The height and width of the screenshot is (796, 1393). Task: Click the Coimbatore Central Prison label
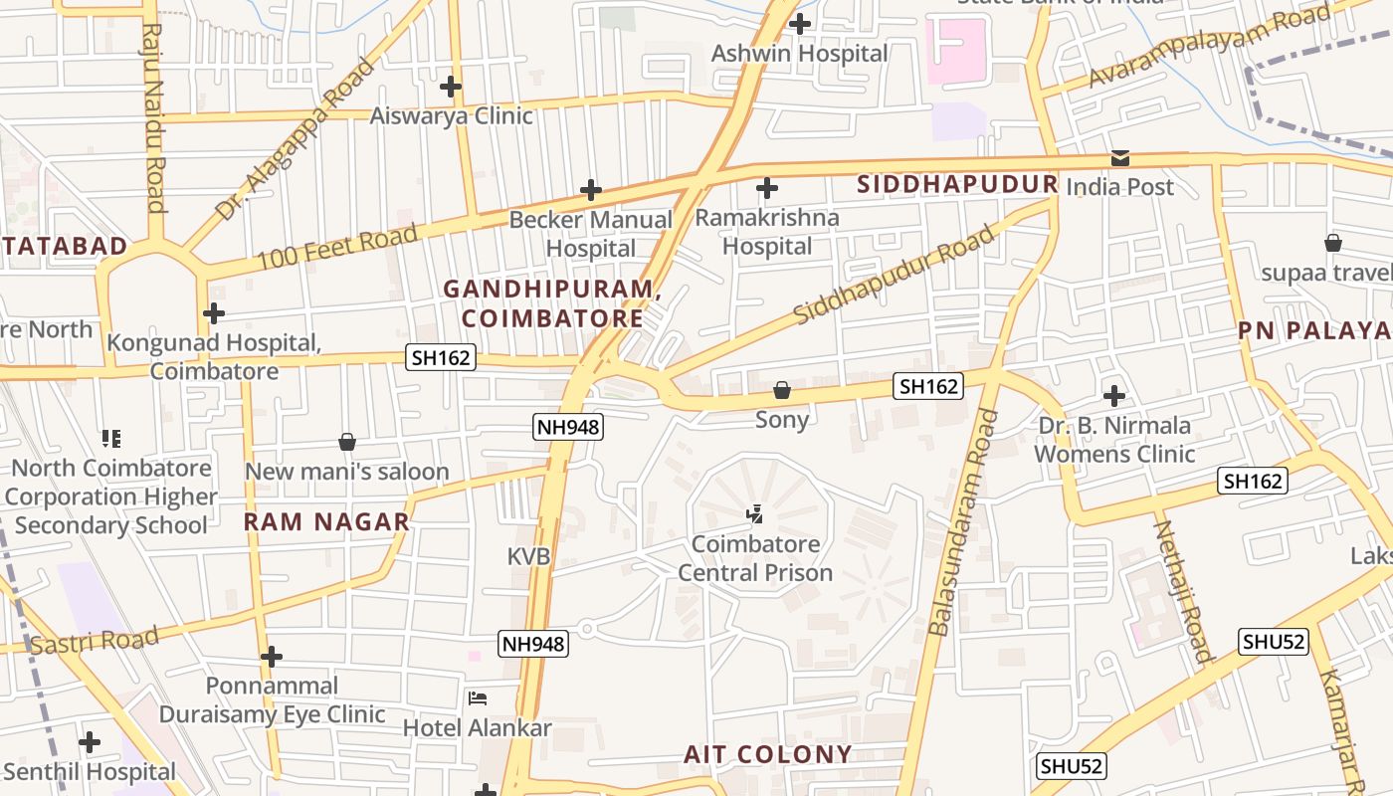[754, 558]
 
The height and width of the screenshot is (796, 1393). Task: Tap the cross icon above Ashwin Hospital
[800, 24]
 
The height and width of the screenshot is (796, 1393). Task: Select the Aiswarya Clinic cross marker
[451, 87]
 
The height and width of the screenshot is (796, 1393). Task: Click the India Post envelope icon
[1120, 158]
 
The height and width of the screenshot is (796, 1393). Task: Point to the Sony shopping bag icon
[782, 390]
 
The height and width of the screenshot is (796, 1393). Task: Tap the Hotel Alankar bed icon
[478, 698]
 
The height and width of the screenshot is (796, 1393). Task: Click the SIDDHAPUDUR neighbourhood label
[956, 184]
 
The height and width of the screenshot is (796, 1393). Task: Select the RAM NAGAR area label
[327, 521]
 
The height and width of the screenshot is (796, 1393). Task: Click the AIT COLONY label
[767, 754]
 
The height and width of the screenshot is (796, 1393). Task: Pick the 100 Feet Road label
[337, 248]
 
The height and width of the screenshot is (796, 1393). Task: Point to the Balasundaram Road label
[962, 522]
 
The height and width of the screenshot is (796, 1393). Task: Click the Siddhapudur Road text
[895, 276]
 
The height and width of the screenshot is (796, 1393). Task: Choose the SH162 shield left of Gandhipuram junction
[441, 357]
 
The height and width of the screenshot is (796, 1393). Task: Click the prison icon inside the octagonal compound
[755, 514]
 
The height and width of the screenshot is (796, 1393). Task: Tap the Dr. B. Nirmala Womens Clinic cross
[1114, 396]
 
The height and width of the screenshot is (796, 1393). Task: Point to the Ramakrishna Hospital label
[766, 231]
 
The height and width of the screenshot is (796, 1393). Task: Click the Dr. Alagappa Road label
[297, 139]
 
